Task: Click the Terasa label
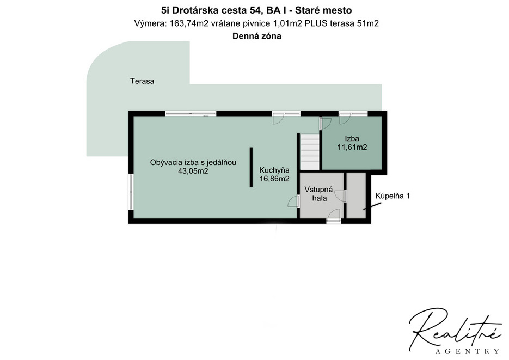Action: point(142,81)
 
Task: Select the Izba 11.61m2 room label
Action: point(352,143)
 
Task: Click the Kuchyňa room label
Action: point(274,169)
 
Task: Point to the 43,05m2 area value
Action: point(193,171)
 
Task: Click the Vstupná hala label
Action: point(316,194)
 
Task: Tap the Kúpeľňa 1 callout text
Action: point(392,196)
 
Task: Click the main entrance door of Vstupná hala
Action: point(333,220)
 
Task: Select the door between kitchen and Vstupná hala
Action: point(295,202)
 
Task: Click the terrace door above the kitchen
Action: point(286,114)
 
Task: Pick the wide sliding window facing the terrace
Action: point(191,113)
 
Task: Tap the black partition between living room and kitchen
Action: point(251,167)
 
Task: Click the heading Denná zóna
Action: point(256,36)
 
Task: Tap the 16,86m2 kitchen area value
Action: point(274,178)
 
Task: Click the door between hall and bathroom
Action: point(345,197)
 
